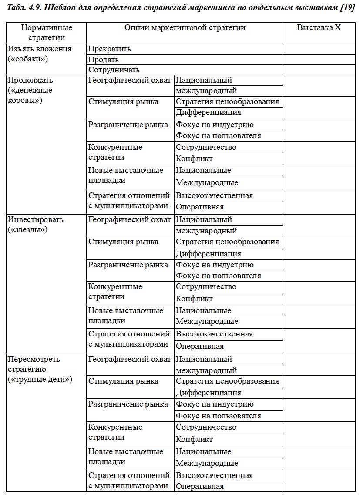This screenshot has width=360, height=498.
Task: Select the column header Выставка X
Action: pos(319,27)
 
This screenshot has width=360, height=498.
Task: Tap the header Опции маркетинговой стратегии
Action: pos(185,27)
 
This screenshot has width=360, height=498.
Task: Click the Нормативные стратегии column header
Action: pos(47,33)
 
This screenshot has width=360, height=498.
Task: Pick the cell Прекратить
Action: pos(110,49)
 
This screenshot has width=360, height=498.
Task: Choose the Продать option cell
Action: pos(104,60)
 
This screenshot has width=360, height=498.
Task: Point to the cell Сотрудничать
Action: pos(114,70)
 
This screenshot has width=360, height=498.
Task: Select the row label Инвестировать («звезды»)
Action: pos(36,225)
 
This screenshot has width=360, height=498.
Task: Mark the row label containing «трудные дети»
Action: pos(40,370)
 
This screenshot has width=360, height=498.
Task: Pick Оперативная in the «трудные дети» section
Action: pos(200,487)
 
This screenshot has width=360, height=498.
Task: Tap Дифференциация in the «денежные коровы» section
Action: pos(209,113)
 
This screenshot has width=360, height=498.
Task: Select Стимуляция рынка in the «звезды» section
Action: pos(124,242)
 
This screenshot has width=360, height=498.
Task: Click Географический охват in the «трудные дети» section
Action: pos(130,360)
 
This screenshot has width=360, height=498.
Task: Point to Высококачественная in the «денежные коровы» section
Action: pos(214,196)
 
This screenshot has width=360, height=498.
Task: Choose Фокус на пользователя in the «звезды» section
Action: pos(219,276)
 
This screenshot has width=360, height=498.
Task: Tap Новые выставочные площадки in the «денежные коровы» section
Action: pos(126,175)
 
